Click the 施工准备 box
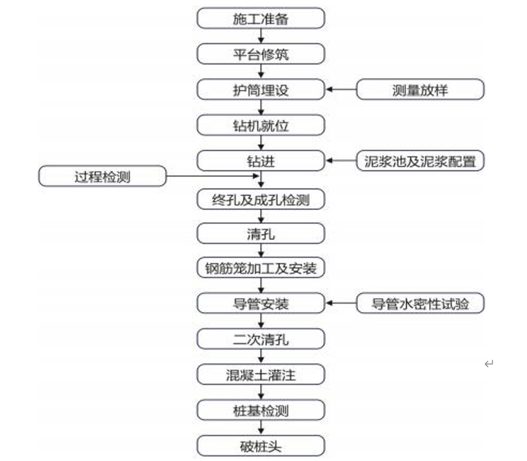point(261,18)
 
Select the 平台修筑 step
point(261,53)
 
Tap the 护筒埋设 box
point(261,89)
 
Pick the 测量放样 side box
point(420,89)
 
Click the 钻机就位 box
point(261,125)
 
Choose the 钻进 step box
point(261,161)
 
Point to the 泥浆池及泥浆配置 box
point(420,161)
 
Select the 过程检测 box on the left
point(102,176)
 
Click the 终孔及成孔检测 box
point(261,200)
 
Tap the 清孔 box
point(261,234)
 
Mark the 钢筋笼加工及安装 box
point(261,268)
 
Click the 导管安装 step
point(261,304)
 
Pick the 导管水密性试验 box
point(420,304)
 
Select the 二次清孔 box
point(261,340)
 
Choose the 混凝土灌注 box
point(261,375)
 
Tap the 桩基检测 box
point(261,410)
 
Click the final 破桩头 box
point(261,445)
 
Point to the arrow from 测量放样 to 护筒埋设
point(341,89)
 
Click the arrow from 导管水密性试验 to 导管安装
point(341,304)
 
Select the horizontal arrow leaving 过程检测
point(212,176)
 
